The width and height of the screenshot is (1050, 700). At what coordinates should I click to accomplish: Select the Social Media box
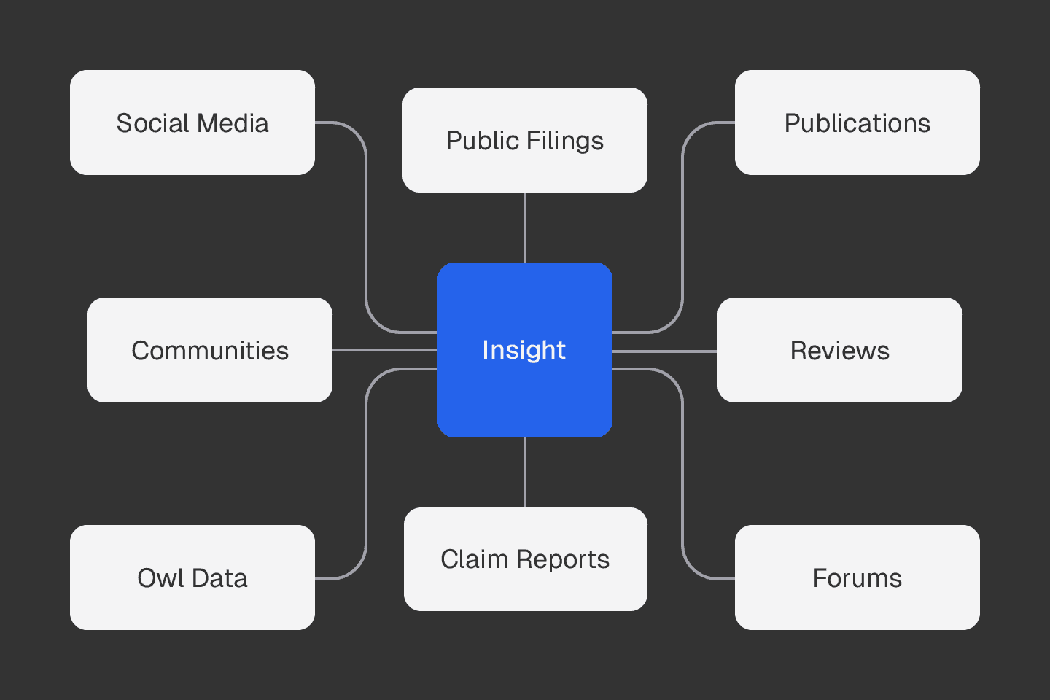192,122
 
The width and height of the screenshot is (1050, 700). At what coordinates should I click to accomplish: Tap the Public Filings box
525,140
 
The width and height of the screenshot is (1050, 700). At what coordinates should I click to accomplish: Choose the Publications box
857,122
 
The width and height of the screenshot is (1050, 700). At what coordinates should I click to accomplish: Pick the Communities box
210,350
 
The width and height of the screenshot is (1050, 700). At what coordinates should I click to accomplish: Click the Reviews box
839,350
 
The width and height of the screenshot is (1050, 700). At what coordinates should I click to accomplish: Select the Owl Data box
192,577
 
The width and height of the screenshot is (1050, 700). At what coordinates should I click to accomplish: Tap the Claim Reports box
525,559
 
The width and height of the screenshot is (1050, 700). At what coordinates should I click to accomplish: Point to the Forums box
857,577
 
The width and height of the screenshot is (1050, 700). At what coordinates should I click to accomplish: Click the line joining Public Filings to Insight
525,227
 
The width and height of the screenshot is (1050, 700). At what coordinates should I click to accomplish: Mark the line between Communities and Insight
385,350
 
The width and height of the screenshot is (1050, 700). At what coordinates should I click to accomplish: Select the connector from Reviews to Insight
665,351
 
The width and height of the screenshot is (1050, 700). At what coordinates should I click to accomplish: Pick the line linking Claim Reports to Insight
525,472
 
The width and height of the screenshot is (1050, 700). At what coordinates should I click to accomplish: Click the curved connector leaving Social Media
366,226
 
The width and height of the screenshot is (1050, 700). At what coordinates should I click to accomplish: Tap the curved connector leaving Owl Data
366,474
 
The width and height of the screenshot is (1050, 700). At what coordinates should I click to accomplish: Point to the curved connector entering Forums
682,474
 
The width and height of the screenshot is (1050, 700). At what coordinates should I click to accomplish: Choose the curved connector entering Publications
682,226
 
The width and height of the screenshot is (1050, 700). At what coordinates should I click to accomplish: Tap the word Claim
474,559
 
